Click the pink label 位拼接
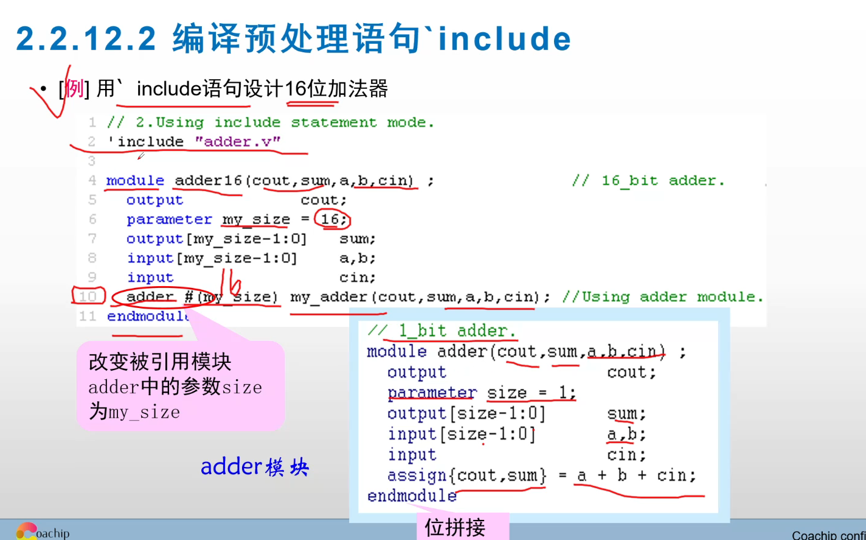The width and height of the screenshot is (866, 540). [x=455, y=527]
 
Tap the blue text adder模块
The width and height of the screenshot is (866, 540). [x=255, y=467]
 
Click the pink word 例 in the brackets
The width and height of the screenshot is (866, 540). [x=74, y=89]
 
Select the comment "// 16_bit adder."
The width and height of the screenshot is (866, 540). [x=648, y=181]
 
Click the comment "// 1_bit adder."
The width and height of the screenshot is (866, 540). [x=442, y=331]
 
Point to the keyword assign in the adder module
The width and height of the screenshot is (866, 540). [x=417, y=475]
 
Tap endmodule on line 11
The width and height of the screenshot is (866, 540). [x=148, y=317]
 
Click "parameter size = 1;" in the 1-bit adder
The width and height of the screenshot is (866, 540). [x=481, y=393]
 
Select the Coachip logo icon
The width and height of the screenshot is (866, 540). [x=26, y=531]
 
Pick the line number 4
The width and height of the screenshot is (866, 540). [x=92, y=181]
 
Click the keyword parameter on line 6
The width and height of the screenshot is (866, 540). [x=169, y=220]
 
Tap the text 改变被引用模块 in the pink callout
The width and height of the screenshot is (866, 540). [x=160, y=362]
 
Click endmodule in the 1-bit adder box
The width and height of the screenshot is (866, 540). [x=412, y=496]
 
